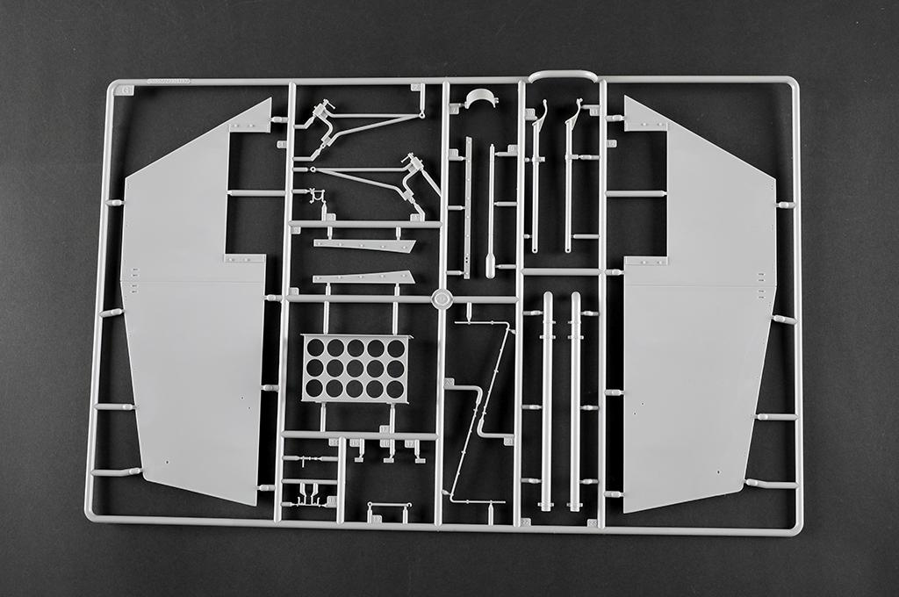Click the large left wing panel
pos(189,351)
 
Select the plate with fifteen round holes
pos(356,368)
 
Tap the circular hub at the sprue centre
pos(442,299)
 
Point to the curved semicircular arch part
pos(481,98)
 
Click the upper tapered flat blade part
pos(365,245)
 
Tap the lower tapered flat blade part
pos(363,277)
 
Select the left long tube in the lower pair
pos(547,400)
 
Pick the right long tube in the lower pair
pos(575,400)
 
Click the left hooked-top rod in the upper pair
pos(536,176)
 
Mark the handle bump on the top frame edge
pos(563,76)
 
